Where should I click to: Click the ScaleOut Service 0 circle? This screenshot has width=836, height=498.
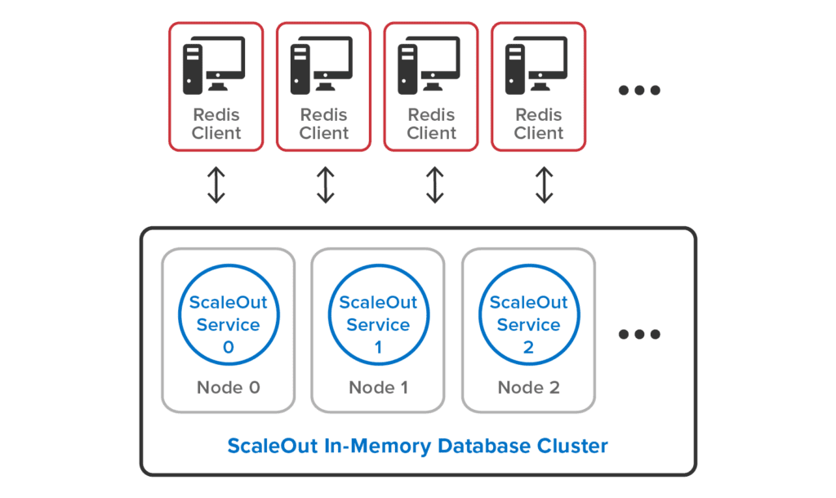[x=228, y=314]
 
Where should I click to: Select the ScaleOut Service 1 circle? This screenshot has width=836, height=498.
[x=378, y=314]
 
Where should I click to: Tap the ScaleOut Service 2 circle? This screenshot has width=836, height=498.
[x=528, y=314]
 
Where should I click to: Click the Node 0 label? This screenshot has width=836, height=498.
[x=228, y=387]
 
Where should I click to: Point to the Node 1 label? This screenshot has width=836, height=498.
[x=378, y=387]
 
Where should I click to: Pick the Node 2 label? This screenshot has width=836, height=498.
[x=528, y=387]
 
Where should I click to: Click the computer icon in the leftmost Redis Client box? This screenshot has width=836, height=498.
[x=216, y=64]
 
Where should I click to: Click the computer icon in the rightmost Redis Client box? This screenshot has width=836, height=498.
[x=537, y=64]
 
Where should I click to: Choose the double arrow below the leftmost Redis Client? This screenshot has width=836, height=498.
[x=216, y=185]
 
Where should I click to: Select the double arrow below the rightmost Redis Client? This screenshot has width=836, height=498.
[x=544, y=185]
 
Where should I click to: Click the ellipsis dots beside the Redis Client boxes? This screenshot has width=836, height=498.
[x=638, y=91]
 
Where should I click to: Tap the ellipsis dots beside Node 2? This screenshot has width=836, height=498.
[x=638, y=334]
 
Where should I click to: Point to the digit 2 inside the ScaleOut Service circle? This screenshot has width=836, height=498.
[x=528, y=347]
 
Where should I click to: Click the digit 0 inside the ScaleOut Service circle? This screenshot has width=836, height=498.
[x=228, y=347]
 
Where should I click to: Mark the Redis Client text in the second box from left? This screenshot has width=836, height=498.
[x=323, y=123]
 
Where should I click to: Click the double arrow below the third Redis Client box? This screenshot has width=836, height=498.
[x=434, y=185]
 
